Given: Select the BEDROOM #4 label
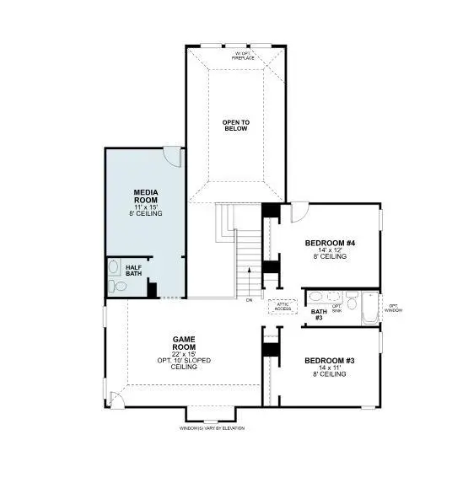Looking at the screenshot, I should pyautogui.click(x=330, y=243).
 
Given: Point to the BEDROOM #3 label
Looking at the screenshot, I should pyautogui.click(x=329, y=361).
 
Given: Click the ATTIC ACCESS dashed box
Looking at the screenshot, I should pyautogui.click(x=281, y=308).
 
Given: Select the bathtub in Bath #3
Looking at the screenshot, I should pyautogui.click(x=370, y=308).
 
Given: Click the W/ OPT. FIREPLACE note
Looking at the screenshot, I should pyautogui.click(x=243, y=56).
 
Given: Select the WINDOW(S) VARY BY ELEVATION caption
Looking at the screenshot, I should pyautogui.click(x=212, y=428).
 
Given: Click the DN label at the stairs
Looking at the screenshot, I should pyautogui.click(x=250, y=299).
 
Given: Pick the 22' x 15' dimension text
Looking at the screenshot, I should pyautogui.click(x=184, y=353).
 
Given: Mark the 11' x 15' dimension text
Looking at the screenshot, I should pyautogui.click(x=147, y=207).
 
